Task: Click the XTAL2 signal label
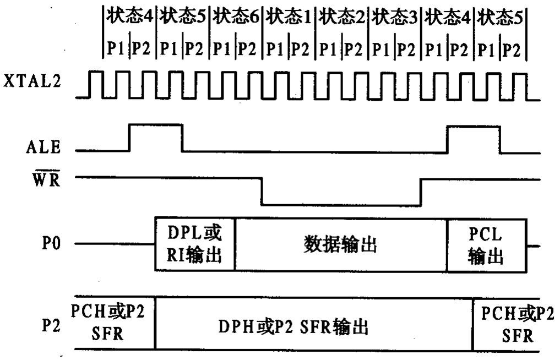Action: pos(32,81)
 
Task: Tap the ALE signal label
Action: pos(43,147)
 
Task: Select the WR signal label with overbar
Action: pos(46,178)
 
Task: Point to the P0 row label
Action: pos(51,243)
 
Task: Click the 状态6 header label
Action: pos(235,17)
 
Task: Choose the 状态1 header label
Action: pos(288,17)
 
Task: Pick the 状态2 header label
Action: pos(342,17)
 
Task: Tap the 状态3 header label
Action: pos(394,17)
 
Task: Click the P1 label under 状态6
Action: pos(221,48)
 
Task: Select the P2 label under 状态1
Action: pos(300,48)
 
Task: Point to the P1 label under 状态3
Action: pos(380,48)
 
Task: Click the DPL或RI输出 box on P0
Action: pos(194,243)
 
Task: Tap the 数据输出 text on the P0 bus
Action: pos(340,244)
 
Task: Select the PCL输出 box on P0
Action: pos(487,246)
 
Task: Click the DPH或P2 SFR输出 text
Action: pos(293,326)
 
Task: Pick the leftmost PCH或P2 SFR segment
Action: pos(115,323)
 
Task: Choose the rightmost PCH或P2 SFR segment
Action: pos(507,324)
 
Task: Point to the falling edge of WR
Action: pos(262,191)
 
